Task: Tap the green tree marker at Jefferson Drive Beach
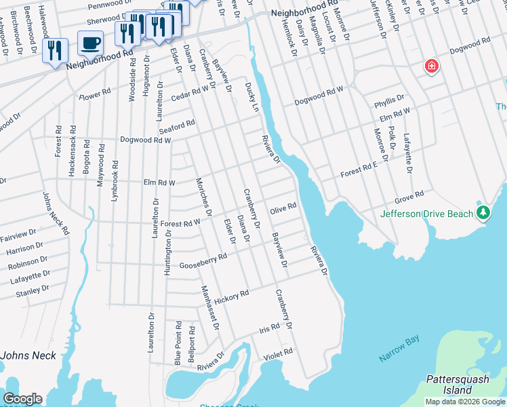[483, 213]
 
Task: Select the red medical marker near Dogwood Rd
[431, 66]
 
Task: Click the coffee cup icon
[90, 44]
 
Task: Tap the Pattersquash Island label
[459, 385]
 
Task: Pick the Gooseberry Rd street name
[202, 261]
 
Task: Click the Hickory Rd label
[232, 296]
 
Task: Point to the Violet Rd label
[277, 353]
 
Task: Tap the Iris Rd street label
[269, 328]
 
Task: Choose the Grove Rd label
[409, 196]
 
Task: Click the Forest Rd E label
[358, 170]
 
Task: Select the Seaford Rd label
[176, 127]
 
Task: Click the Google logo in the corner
[22, 399]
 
